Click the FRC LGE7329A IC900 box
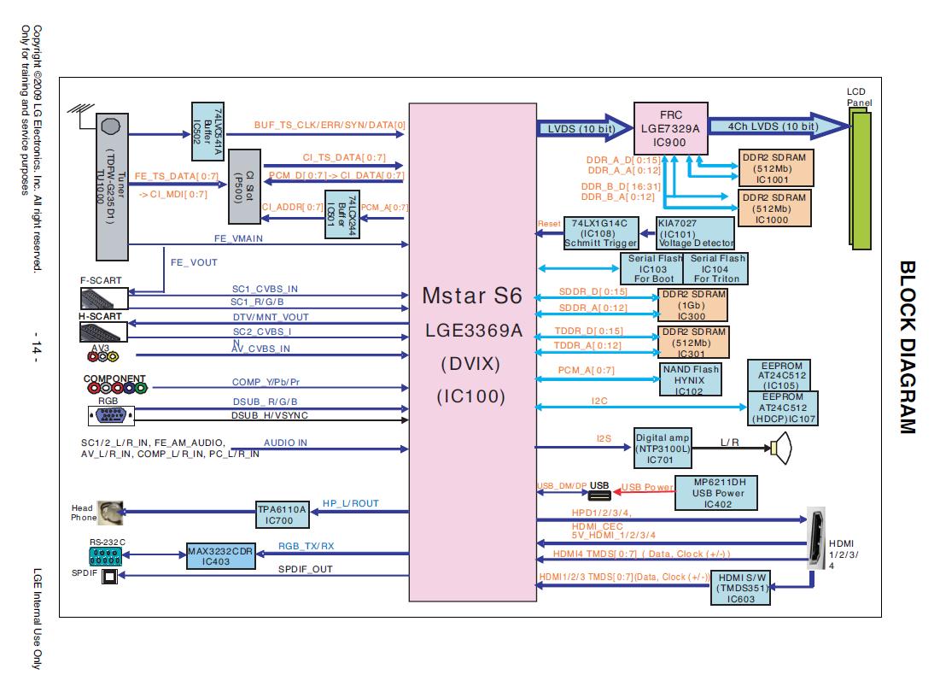pyautogui.click(x=670, y=127)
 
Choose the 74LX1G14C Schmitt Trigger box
pyautogui.click(x=601, y=232)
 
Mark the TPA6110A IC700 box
pyautogui.click(x=282, y=513)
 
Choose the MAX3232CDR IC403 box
pyautogui.click(x=221, y=554)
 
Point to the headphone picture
pyautogui.click(x=109, y=513)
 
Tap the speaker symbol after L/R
pyautogui.click(x=782, y=449)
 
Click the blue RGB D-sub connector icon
pyautogui.click(x=109, y=416)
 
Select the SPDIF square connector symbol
pyautogui.click(x=109, y=578)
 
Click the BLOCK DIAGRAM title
pyautogui.click(x=907, y=346)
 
